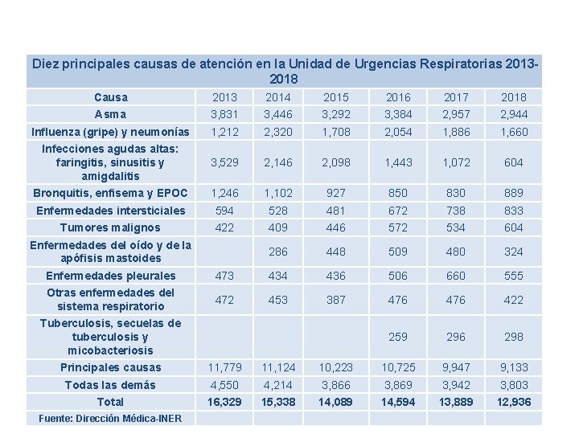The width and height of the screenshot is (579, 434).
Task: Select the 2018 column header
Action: [x=513, y=97]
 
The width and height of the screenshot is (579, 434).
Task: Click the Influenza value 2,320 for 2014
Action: [x=277, y=132]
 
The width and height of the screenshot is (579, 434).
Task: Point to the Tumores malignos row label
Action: [x=110, y=227]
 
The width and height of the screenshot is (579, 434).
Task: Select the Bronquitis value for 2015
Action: [x=336, y=193]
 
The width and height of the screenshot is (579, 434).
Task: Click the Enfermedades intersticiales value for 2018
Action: [x=513, y=211]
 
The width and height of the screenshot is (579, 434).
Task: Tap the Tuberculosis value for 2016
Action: [x=397, y=337]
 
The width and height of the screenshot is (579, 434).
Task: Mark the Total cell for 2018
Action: [x=513, y=401]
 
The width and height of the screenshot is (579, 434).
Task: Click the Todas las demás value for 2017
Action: [x=455, y=384]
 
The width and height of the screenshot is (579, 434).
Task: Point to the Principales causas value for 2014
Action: [x=277, y=367]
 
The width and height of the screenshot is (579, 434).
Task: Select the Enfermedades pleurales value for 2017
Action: [x=455, y=276]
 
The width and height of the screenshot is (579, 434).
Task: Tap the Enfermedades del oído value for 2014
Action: [x=277, y=252]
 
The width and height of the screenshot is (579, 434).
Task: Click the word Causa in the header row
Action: [x=110, y=97]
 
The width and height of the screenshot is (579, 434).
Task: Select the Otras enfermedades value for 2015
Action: [x=336, y=300]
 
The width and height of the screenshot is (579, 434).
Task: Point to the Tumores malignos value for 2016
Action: [x=397, y=227]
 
